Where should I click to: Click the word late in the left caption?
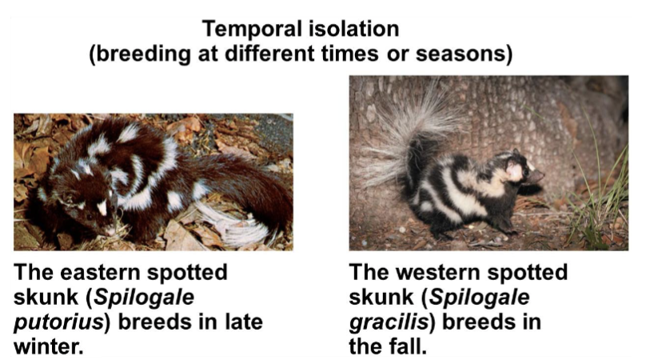pos(242,323)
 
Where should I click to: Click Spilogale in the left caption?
pos(151,298)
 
